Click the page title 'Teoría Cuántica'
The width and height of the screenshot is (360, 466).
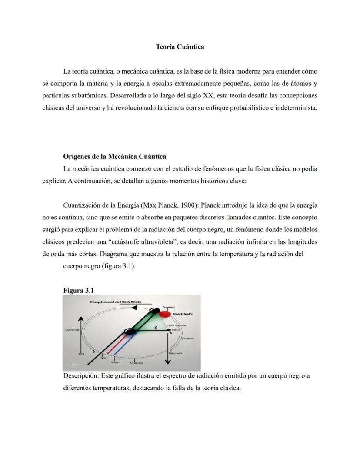pos(180,47)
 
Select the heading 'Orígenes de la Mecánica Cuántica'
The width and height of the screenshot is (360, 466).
pos(114,156)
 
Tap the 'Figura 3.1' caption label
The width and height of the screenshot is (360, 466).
pos(79,290)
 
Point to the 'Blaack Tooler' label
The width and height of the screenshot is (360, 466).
pos(183,314)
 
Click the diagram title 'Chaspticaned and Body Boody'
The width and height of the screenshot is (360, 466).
pos(115,302)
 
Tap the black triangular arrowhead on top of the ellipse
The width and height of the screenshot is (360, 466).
pos(134,308)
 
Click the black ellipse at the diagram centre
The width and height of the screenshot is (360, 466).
pos(129,332)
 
